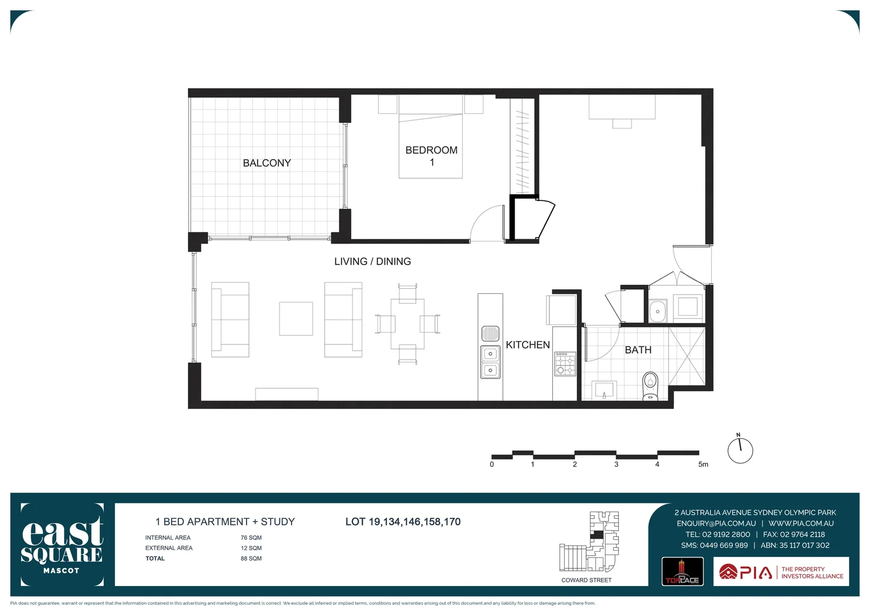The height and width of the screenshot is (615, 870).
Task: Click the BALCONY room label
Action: [x=266, y=163]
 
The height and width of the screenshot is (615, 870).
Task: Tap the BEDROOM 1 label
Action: [x=431, y=155]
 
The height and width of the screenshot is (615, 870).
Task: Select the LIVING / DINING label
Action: [x=372, y=261]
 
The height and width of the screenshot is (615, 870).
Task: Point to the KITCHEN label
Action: [x=527, y=345]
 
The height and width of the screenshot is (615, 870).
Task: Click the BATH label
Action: [x=638, y=350]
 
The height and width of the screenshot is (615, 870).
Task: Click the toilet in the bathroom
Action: [x=650, y=386]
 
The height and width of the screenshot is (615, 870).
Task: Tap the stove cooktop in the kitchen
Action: [x=565, y=363]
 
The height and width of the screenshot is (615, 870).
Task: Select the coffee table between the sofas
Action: [x=296, y=318]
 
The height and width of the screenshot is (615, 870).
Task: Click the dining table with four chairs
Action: [x=407, y=324]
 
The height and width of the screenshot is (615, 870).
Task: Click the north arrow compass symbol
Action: [x=740, y=450]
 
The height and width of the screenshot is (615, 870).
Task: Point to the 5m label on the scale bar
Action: [x=703, y=464]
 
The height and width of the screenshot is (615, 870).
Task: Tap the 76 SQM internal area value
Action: [x=251, y=538]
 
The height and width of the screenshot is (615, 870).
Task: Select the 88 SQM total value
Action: [x=251, y=559]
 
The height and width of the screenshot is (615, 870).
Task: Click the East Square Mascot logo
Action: [x=62, y=544]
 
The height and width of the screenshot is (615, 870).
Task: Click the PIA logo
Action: [x=746, y=572]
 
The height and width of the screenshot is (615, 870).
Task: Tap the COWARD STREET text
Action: [x=586, y=580]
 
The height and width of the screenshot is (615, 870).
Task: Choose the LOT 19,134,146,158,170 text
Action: [x=403, y=522]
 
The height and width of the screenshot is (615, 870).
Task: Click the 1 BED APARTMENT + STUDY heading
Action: [x=225, y=522]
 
